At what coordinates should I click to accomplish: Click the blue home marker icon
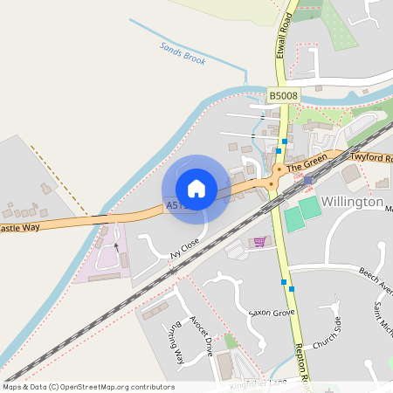coord(196,189)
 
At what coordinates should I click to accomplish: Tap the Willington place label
coord(352,202)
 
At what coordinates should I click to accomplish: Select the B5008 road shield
coord(282,95)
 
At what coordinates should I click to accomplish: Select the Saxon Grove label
coord(271,312)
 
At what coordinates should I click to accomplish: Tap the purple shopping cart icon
coord(259,242)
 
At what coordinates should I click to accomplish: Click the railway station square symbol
coord(307,179)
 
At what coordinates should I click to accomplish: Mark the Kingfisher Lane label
coord(258,383)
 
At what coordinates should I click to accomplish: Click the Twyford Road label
coord(373,158)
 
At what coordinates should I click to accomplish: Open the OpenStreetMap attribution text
coord(87,387)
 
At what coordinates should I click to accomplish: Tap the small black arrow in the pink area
coord(115,247)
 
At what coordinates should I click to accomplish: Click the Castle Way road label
coord(19,229)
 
